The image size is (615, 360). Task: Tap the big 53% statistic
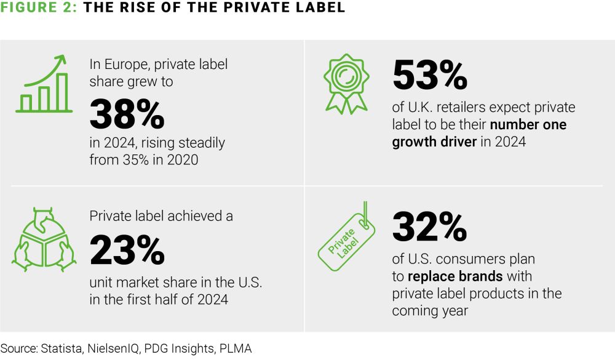coord(429,76)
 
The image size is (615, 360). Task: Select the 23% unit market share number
coord(127,251)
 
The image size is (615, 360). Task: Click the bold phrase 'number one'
coord(528,124)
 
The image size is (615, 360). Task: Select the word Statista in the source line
coord(61,348)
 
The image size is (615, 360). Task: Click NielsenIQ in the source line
coord(116,348)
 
